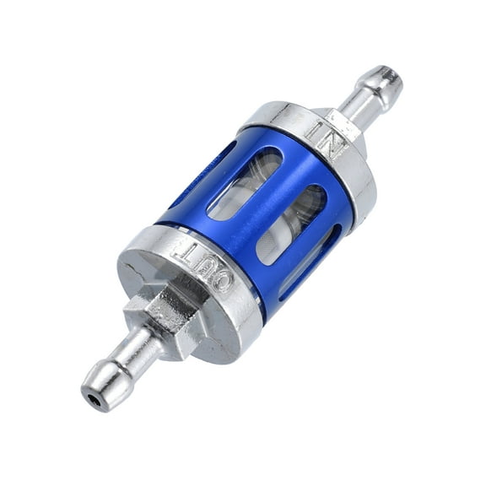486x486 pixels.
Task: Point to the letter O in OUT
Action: coord(221,281)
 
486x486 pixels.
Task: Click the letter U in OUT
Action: coord(202,264)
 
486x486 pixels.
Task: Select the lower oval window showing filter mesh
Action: coord(291,224)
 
